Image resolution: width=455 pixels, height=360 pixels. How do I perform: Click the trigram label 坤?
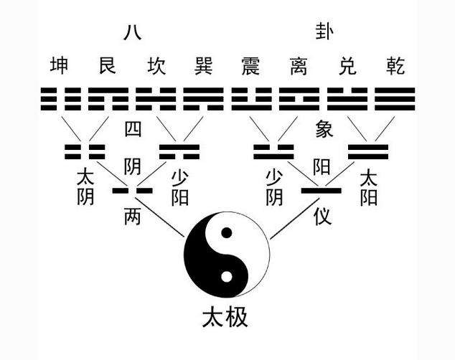point(59,65)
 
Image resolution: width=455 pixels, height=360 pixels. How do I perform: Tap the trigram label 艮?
point(108,65)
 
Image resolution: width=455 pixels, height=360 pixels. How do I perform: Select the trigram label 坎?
point(156,65)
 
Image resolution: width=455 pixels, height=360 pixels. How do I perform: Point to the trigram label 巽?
point(204,65)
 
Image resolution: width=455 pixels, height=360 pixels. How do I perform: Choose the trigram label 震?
point(251,65)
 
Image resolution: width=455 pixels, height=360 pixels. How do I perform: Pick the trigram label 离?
point(299,65)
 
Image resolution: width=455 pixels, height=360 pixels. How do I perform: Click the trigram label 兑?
point(347,65)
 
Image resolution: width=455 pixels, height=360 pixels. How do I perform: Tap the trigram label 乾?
point(395,65)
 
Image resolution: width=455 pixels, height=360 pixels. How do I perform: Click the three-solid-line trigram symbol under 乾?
point(395,99)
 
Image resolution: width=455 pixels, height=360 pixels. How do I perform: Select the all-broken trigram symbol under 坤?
point(61,99)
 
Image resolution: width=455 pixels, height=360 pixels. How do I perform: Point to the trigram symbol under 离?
point(299,99)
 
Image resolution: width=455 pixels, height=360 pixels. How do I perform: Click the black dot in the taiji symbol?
point(227,233)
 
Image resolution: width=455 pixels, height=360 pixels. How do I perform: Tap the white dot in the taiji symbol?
point(227,277)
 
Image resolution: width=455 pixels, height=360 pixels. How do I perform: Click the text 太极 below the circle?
point(225,318)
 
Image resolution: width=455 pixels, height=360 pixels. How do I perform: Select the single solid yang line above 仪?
point(322,191)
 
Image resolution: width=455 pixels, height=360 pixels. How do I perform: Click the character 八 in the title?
point(133,32)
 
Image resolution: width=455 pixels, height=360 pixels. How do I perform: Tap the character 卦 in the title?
point(324,32)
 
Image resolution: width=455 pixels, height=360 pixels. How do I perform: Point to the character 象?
point(324,128)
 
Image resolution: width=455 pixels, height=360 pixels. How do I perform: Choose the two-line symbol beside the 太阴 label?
point(85,151)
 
